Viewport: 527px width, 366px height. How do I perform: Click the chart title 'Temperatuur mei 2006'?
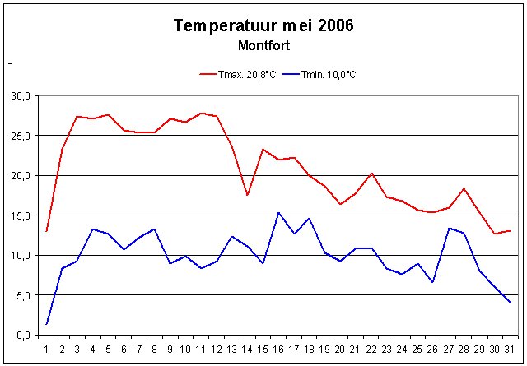263,25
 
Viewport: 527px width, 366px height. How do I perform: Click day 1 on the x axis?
46,348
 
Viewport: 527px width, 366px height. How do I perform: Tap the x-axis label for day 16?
278,348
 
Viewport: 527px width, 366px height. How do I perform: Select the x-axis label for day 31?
510,348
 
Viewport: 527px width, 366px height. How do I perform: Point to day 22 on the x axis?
371,348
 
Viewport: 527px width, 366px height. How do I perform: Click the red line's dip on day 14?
247,195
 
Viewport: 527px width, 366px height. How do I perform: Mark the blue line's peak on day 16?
278,213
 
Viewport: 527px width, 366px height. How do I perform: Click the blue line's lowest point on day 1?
46,324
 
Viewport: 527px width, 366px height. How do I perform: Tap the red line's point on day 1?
46,231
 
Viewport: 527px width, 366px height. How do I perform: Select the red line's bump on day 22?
371,174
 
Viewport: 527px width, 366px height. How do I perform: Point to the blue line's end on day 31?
510,302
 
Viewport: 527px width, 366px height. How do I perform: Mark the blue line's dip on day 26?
432,282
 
